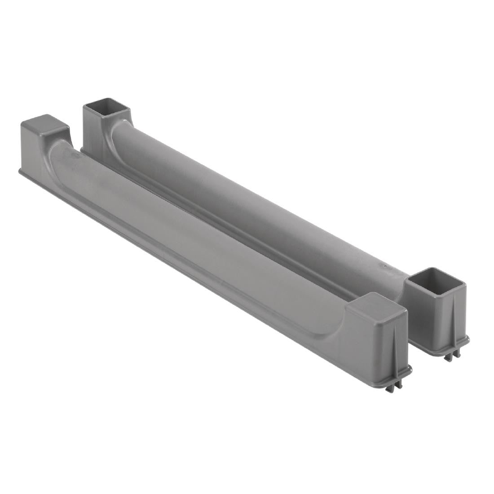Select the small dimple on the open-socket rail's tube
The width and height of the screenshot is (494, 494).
[384, 266]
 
